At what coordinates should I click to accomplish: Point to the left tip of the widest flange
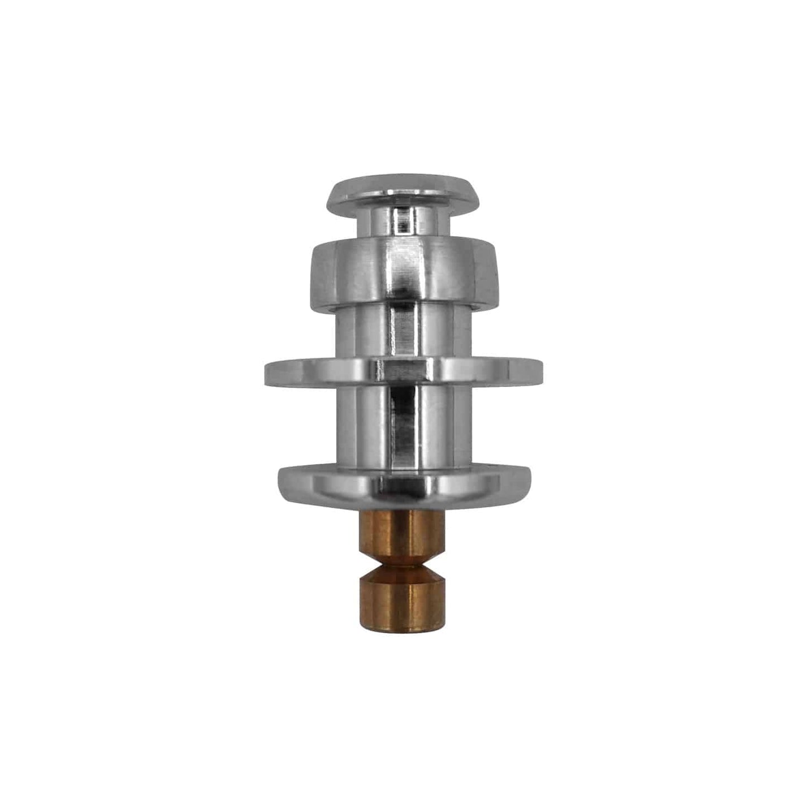point(267,372)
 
